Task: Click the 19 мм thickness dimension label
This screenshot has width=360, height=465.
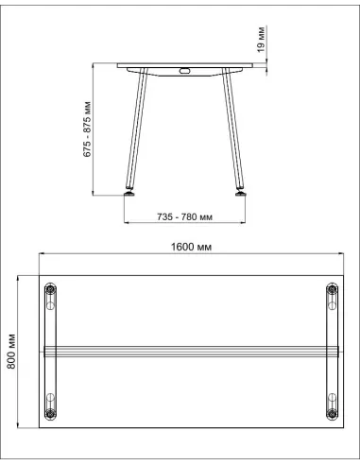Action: [262, 39]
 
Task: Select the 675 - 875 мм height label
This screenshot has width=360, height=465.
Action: [87, 129]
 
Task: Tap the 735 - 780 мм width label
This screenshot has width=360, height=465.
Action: [184, 217]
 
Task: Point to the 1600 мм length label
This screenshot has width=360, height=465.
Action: [191, 247]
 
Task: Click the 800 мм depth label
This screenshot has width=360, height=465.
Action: [11, 352]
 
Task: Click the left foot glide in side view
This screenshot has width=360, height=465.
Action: [129, 193]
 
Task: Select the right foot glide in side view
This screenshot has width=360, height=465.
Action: [241, 193]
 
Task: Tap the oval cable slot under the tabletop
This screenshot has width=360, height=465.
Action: [184, 71]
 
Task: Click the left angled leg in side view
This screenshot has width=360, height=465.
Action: [136, 129]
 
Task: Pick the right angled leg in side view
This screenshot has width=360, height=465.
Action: [232, 129]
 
